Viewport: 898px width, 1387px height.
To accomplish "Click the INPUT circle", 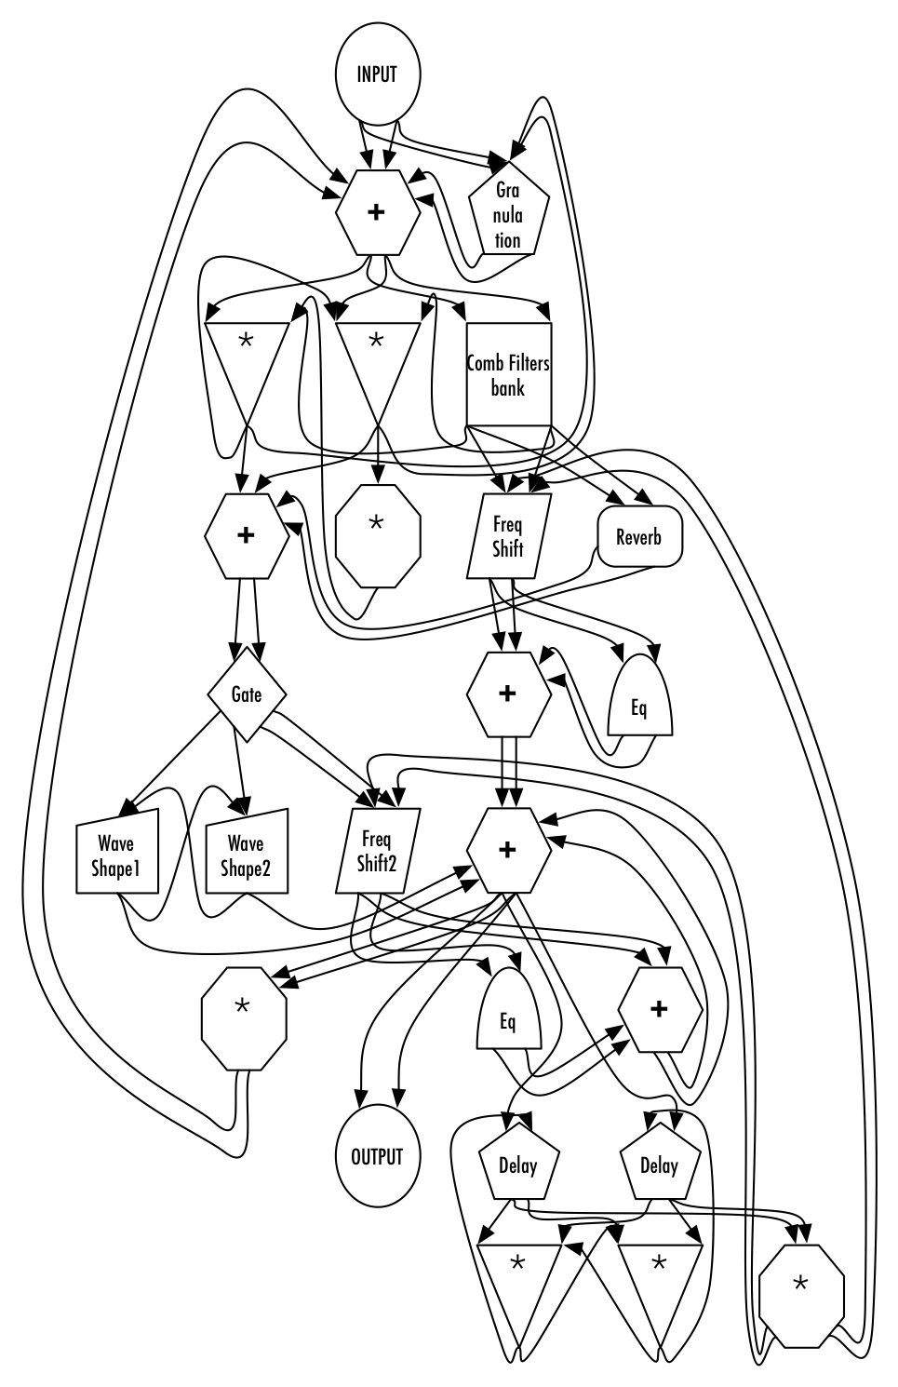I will (376, 74).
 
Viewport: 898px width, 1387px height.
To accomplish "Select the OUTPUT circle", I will (377, 1157).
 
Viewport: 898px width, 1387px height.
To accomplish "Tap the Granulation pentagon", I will (508, 214).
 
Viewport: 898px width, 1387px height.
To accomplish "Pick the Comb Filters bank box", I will (508, 374).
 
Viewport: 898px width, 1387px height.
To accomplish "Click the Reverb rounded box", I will (638, 537).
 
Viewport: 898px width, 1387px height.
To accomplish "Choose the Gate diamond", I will (246, 695).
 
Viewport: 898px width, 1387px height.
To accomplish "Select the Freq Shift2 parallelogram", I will (377, 852).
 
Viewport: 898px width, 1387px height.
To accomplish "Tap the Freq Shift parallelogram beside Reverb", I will (508, 537).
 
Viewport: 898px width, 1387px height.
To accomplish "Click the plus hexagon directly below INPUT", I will (376, 212).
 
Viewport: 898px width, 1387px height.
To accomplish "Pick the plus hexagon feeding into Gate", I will (246, 537).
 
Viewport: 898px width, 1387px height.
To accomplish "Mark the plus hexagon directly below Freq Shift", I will (507, 694).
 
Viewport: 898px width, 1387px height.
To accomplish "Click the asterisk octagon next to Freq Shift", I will (377, 523).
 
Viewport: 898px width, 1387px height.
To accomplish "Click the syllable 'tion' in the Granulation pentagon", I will (508, 239).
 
